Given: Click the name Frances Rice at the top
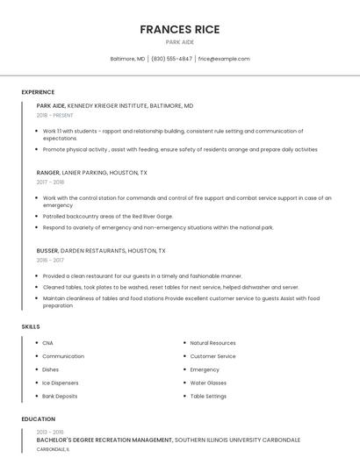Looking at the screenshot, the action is click(x=179, y=30).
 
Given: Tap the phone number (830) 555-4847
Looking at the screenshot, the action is click(x=171, y=59).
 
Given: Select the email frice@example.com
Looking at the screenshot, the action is click(x=224, y=59).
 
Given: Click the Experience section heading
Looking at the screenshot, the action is click(x=38, y=92).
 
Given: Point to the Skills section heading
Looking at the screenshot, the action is click(x=31, y=326).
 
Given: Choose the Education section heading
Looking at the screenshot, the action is click(x=38, y=419).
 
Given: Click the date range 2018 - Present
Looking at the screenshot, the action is click(x=54, y=115).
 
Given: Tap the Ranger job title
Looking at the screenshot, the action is click(x=47, y=173).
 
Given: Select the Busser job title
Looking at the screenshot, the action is click(x=47, y=250).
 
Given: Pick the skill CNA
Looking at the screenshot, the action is click(x=47, y=343).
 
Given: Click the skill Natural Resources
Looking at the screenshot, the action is click(x=212, y=343).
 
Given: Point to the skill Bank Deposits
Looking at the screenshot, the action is click(x=61, y=396).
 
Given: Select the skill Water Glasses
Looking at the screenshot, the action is click(x=208, y=383).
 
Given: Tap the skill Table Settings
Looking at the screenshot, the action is click(x=208, y=396).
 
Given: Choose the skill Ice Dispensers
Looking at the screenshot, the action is click(x=61, y=383).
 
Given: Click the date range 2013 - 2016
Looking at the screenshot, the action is click(x=50, y=432).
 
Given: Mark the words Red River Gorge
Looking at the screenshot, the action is click(x=151, y=216).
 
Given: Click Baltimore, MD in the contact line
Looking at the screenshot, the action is click(x=127, y=59).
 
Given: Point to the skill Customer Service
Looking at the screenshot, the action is click(x=212, y=356).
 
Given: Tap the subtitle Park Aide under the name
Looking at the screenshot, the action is click(x=179, y=42).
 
